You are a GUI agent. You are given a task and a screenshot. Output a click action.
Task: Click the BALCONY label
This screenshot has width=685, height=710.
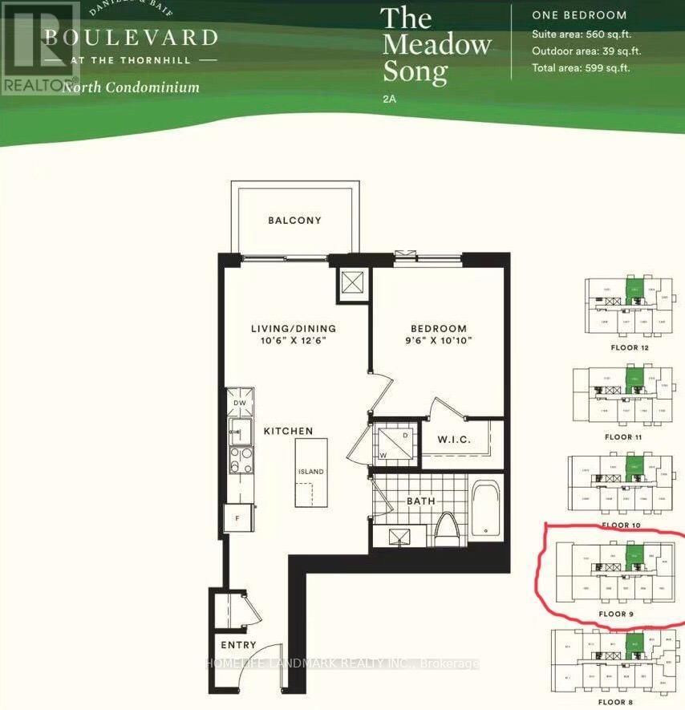[x=294, y=221]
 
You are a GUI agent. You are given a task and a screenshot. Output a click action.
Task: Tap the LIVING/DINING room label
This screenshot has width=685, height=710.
[x=293, y=328]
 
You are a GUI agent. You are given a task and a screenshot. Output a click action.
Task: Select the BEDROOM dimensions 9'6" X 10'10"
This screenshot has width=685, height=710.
[x=438, y=340]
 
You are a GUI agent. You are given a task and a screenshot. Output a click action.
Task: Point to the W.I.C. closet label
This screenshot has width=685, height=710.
[x=453, y=440]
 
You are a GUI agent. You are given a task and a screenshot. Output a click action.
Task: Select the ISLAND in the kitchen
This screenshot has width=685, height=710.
[x=311, y=471]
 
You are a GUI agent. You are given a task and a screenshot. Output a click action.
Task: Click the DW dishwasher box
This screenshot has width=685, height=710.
[x=239, y=403]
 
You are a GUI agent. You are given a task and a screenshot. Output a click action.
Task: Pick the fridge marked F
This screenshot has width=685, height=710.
[x=238, y=518]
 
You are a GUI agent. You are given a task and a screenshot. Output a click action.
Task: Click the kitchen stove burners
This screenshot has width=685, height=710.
[x=239, y=461]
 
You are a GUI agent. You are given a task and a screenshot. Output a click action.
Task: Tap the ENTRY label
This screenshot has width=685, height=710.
[x=239, y=645]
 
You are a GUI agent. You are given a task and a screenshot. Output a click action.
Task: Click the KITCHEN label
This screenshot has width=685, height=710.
[x=288, y=431]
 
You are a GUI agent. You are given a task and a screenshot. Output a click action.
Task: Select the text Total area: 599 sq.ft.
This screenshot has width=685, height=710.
[x=581, y=67]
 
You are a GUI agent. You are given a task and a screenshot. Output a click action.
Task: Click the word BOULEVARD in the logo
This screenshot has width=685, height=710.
[x=131, y=37]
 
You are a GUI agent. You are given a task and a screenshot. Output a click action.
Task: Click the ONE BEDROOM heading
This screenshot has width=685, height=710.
[x=579, y=15]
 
